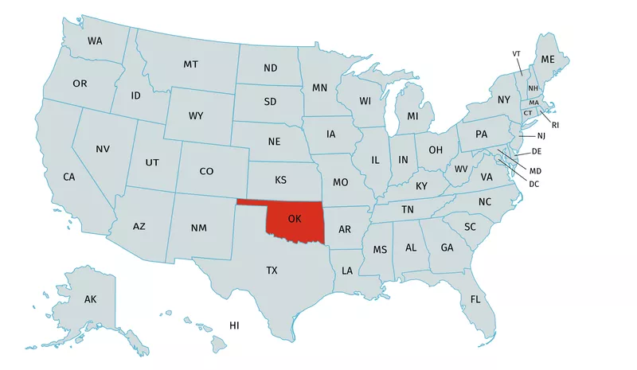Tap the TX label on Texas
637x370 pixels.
click(x=272, y=271)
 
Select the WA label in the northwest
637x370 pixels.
click(x=95, y=41)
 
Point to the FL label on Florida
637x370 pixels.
click(x=475, y=299)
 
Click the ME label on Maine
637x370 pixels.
click(x=548, y=60)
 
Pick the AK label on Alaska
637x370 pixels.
click(x=90, y=299)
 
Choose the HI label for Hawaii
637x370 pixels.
click(x=234, y=325)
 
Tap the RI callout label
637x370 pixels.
click(x=555, y=125)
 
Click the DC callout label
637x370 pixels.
click(x=534, y=184)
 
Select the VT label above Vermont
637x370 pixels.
click(x=517, y=53)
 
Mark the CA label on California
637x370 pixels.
click(x=69, y=176)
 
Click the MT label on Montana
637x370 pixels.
click(x=191, y=64)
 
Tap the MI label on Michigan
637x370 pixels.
click(x=412, y=116)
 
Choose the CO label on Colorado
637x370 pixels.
click(x=206, y=171)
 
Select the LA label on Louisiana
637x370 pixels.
click(x=347, y=271)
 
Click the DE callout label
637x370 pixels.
click(x=537, y=151)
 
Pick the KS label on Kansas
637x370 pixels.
click(x=281, y=180)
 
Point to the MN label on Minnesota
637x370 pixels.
click(x=320, y=88)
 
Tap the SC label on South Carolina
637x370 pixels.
click(x=470, y=227)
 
